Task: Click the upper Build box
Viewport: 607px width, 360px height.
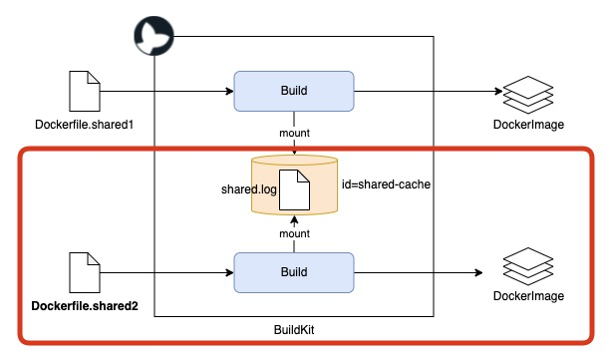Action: click(x=293, y=91)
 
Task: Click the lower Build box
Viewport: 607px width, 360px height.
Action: click(x=293, y=271)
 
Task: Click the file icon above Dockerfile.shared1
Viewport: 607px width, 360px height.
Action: click(x=82, y=92)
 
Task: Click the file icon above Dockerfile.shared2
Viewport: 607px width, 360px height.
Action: click(x=83, y=271)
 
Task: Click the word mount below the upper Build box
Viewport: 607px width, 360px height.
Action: click(x=294, y=131)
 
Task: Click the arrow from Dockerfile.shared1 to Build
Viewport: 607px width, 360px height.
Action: click(x=164, y=92)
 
